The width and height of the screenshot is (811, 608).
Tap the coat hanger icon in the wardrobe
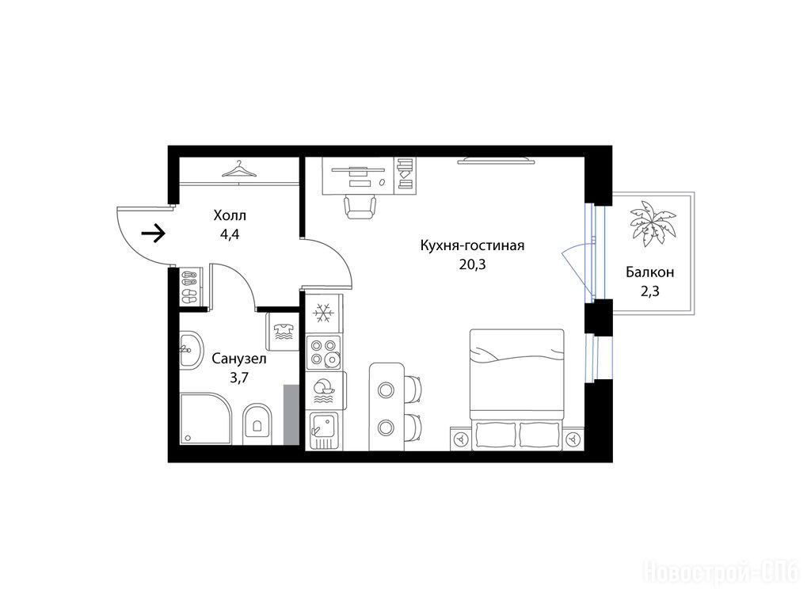tap(239, 169)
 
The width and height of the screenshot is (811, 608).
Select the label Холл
tap(230, 215)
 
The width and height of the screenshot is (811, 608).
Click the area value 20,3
tap(472, 264)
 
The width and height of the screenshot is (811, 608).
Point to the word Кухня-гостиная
tap(472, 245)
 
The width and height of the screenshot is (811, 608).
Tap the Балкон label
tap(649, 272)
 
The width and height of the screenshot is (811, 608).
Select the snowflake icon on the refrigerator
tap(324, 313)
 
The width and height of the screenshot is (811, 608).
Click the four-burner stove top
tap(324, 351)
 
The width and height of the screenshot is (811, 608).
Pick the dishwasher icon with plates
tap(324, 391)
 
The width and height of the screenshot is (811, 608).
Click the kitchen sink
tap(324, 431)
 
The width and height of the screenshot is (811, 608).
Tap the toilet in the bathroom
tap(257, 424)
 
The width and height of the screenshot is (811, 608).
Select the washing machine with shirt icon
tap(283, 332)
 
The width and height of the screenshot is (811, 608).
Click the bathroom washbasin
tap(190, 350)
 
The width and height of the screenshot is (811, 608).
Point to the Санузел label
tap(239, 359)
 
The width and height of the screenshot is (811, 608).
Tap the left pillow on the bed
tap(495, 435)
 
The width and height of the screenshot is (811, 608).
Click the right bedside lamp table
tap(573, 439)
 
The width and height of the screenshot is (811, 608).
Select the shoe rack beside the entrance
tap(189, 287)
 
